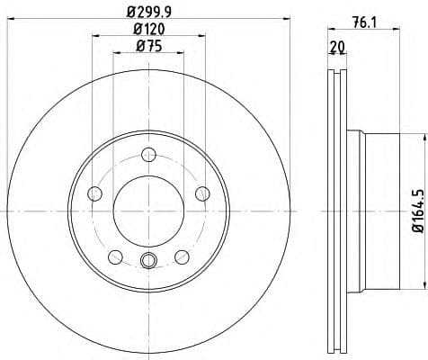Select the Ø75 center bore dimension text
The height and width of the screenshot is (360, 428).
coord(147,47)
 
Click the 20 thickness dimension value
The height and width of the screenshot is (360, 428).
coord(336,47)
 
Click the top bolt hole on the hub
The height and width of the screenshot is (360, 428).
coord(148,156)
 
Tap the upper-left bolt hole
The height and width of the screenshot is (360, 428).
coord(95,193)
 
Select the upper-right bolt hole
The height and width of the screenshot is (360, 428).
coord(201,193)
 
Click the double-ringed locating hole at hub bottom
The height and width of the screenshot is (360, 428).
coord(148,262)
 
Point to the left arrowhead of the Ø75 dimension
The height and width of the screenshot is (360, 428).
coord(116,54)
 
